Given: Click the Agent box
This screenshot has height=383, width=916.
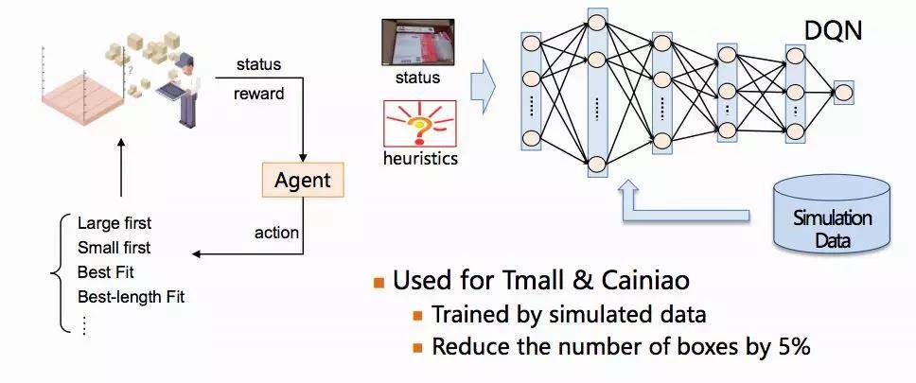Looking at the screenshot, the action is [302, 180].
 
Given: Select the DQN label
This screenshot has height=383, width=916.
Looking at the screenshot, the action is [833, 30].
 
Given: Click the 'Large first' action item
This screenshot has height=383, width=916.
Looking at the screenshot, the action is [114, 223].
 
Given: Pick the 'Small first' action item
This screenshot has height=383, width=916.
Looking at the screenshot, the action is [114, 248].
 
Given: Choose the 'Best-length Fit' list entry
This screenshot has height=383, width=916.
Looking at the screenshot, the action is [131, 297].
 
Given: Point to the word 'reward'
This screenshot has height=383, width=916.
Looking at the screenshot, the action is [258, 94].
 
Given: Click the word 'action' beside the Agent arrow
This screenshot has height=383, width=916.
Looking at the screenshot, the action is [276, 233].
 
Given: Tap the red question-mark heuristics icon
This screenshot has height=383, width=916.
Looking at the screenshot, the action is [419, 123].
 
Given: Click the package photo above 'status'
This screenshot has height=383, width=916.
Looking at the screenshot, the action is [417, 41].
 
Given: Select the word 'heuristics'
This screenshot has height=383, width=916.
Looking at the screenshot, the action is [420, 158].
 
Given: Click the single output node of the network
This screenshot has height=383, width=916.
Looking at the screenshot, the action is [843, 93].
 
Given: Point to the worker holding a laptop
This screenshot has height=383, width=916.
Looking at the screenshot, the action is [185, 88].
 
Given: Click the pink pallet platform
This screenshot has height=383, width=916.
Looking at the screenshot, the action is [83, 96].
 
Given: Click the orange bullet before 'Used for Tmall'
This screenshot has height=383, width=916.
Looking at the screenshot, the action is [379, 283].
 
